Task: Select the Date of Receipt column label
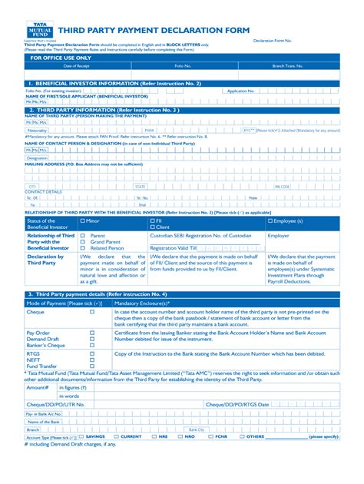pyautogui.click(x=77, y=67)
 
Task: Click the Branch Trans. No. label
pyautogui.click(x=289, y=67)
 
